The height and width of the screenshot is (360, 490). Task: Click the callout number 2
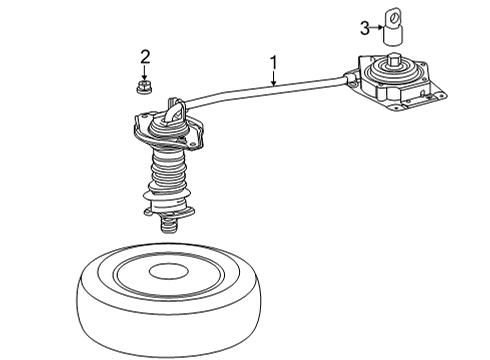coord(145,56)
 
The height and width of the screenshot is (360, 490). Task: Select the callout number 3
coord(366,26)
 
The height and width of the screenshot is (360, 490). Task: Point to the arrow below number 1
coord(273,79)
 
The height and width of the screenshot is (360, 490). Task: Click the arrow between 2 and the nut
coord(145,72)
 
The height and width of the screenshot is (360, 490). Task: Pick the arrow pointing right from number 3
coord(379,26)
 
